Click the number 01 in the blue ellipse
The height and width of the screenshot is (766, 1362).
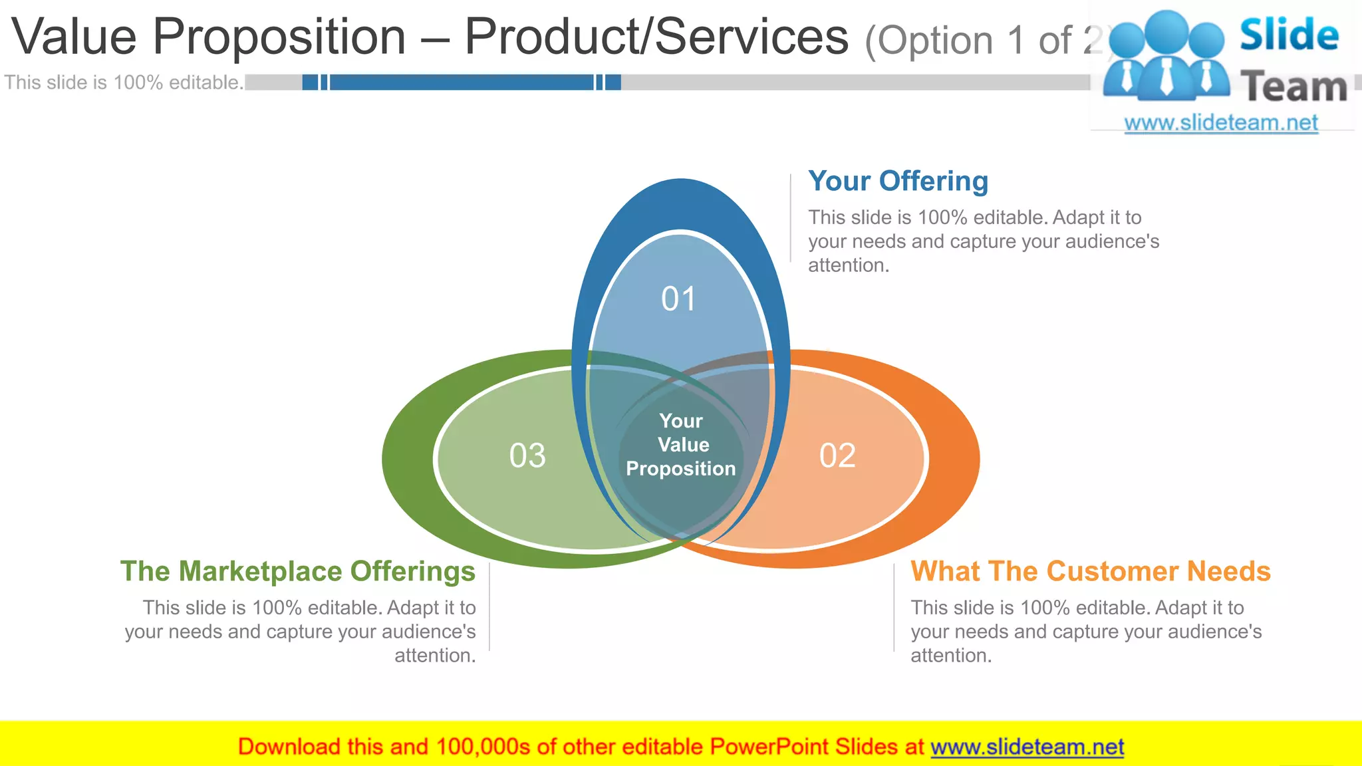coord(678,299)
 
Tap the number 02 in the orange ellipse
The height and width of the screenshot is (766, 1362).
coord(837,456)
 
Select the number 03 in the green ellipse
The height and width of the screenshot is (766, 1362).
coord(527,456)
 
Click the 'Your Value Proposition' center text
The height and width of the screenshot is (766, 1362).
coord(681,445)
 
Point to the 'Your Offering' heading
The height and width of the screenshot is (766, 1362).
coord(898,182)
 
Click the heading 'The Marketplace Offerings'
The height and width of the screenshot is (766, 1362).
coord(298,571)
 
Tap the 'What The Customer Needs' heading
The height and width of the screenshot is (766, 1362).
coord(1090,571)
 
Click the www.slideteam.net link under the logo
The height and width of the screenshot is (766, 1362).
coord(1220,123)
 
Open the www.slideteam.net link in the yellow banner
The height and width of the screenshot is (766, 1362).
coord(1027,747)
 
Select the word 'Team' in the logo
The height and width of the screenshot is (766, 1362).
coord(1294,87)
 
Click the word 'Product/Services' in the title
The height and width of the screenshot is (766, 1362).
coord(656,37)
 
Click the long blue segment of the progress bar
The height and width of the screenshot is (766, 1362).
coord(461,82)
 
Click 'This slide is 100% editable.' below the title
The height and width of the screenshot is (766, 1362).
coord(124,82)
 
